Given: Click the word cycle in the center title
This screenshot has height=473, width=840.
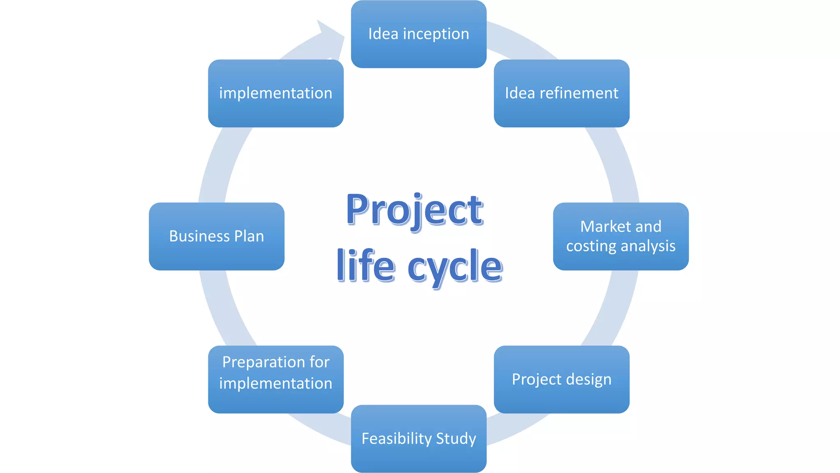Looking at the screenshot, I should coord(455,267).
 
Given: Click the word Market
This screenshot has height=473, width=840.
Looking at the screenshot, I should coord(606,227).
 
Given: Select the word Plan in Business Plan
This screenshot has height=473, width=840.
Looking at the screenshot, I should coord(249,236).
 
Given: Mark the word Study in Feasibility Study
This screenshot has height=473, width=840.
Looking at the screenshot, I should coord(456,439).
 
